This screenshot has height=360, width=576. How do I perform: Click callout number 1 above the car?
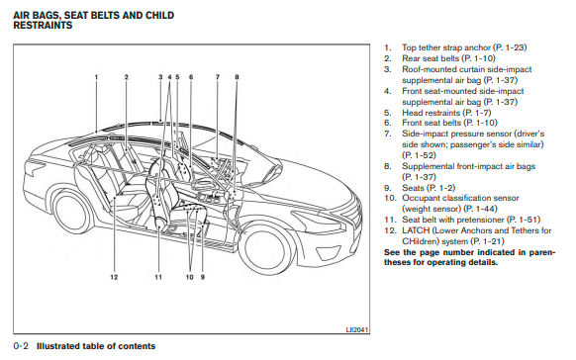(96, 77)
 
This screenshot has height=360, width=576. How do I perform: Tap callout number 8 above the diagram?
(237, 77)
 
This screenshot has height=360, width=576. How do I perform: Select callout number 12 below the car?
(114, 277)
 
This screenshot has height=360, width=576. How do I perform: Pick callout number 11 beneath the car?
(158, 277)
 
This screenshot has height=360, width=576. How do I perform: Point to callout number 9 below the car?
(203, 277)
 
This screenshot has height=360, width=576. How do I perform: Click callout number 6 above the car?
(191, 77)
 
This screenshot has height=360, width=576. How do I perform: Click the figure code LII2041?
(357, 329)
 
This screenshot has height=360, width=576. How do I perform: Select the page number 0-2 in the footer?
(21, 346)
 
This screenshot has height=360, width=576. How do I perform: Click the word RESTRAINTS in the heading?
(43, 26)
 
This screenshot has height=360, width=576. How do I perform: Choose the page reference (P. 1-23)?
(510, 47)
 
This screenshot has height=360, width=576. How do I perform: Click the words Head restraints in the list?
(431, 113)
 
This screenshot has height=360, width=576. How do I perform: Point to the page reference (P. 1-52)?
(419, 155)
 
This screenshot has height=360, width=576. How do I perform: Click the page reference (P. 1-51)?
(524, 220)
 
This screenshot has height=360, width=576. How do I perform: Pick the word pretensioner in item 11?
(481, 220)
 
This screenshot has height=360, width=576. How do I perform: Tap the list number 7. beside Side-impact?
(388, 134)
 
